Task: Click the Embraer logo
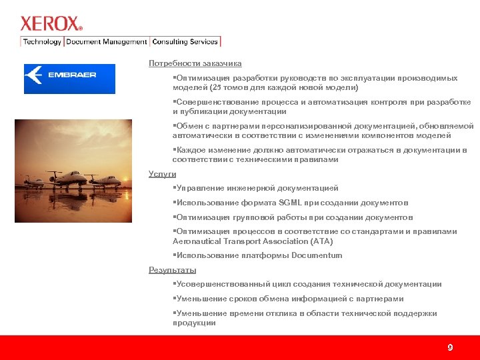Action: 69,79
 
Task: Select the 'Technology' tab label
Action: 42,41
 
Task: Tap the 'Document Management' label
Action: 106,41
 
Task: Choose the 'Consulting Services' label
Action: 185,41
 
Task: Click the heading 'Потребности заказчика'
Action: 195,63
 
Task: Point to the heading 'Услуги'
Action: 162,174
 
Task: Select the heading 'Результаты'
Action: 172,270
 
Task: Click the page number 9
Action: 450,347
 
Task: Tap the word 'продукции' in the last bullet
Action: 194,323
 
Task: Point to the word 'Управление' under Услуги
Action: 198,189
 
